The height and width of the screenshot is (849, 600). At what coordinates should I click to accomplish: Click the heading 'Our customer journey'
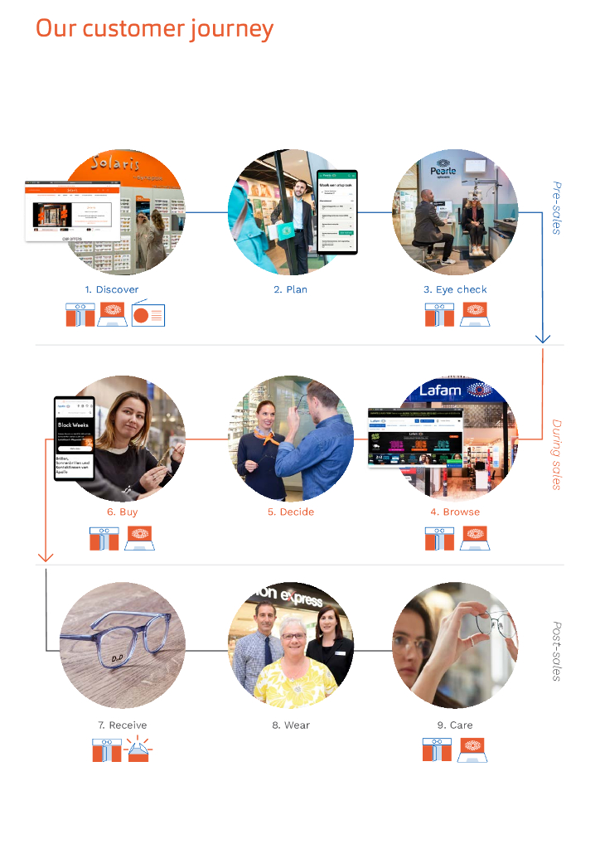(x=154, y=29)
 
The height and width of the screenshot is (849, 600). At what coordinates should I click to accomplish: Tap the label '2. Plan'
(x=290, y=289)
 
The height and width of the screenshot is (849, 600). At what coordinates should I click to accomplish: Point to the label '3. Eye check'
(x=455, y=289)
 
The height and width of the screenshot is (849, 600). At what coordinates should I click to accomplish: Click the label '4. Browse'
(x=455, y=512)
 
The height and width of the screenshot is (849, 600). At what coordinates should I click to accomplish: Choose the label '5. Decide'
(x=290, y=512)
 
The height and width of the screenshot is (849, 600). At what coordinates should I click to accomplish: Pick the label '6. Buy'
(x=122, y=512)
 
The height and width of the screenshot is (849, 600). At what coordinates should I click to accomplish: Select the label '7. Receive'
(x=122, y=725)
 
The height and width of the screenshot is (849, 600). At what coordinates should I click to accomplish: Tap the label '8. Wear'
(x=290, y=725)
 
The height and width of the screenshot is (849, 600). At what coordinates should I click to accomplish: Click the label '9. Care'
(x=455, y=725)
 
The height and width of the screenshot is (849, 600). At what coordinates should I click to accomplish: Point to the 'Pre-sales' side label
(x=557, y=207)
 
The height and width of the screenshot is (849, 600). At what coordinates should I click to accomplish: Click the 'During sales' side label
(x=557, y=454)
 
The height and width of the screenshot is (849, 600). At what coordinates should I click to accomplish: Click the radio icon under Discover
(x=148, y=315)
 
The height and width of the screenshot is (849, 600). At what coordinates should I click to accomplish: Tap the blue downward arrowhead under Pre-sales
(x=543, y=337)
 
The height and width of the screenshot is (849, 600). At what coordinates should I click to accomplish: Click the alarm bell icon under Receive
(x=138, y=750)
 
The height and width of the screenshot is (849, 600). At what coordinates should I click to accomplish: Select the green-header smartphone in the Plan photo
(x=337, y=212)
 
